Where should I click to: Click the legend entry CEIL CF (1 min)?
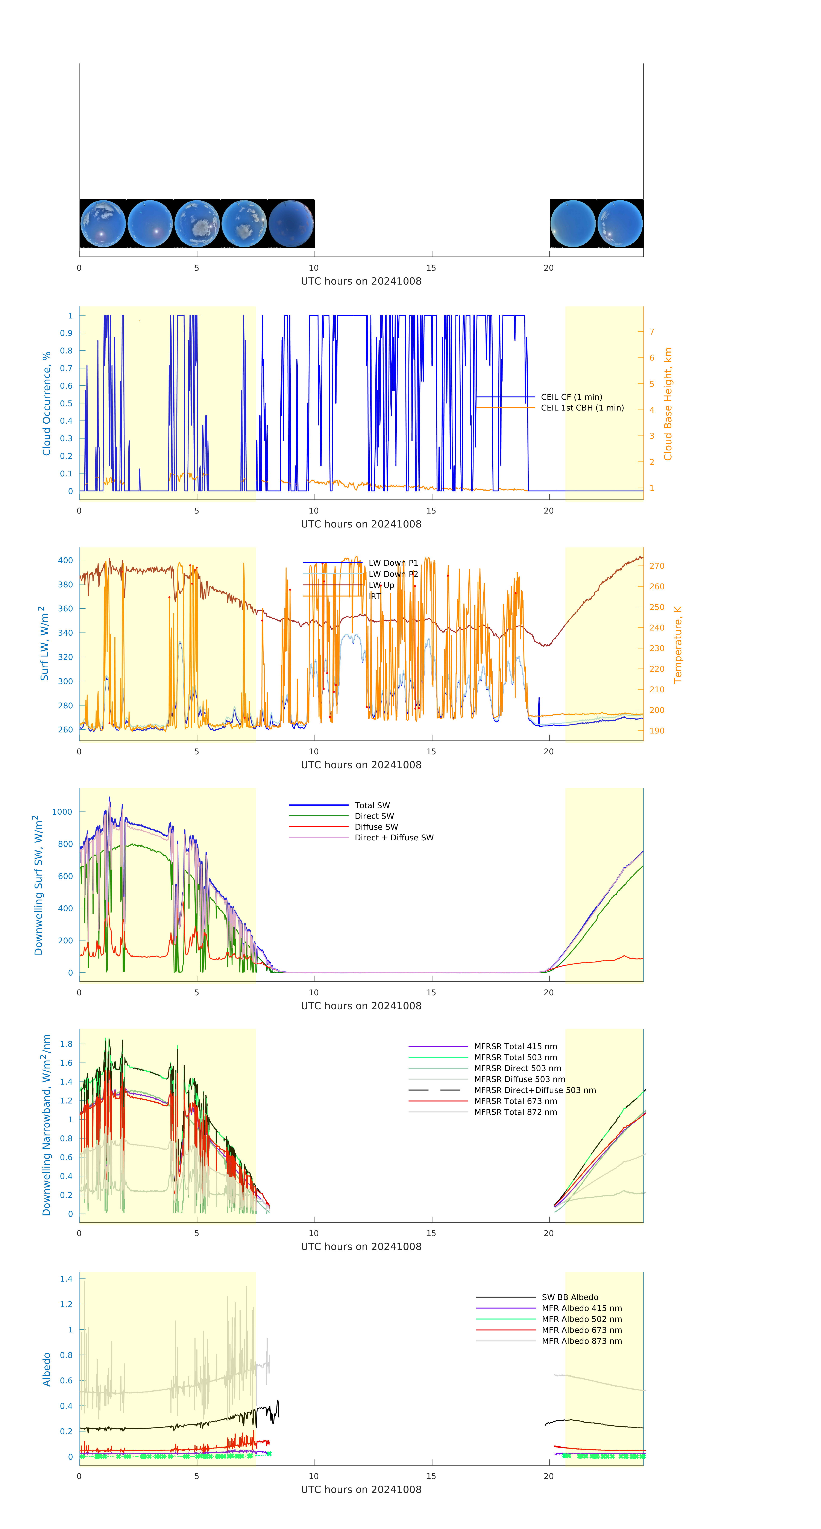click(571, 397)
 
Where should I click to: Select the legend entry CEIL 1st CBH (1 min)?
click(582, 408)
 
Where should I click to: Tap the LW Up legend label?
click(381, 585)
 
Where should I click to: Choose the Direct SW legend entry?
click(374, 816)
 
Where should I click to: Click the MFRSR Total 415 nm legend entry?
click(515, 1046)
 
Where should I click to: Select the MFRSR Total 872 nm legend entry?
click(515, 1112)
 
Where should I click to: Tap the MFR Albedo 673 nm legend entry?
click(581, 1330)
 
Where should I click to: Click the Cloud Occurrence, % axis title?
click(46, 404)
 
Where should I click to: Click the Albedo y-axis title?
click(46, 1369)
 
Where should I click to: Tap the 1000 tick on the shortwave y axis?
click(62, 812)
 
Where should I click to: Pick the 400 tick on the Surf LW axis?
click(65, 560)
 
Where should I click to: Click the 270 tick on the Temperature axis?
click(657, 566)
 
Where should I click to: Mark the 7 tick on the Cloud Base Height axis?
click(652, 332)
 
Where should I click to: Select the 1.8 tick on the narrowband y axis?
click(67, 1044)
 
